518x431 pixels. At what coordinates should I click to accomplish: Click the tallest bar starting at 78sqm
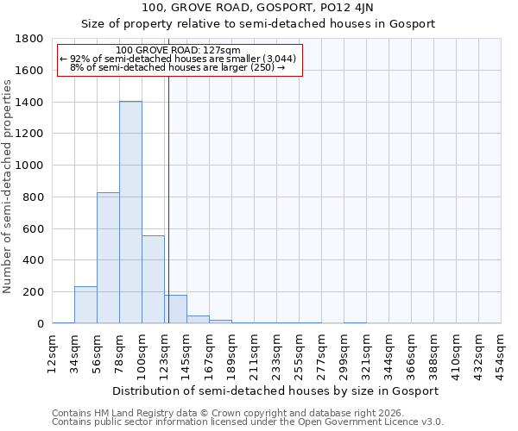coord(130,212)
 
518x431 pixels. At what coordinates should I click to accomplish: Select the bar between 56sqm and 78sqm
coord(108,258)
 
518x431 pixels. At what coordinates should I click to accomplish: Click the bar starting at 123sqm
coord(175,309)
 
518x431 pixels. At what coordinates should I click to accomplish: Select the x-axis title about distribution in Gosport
coord(276,390)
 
